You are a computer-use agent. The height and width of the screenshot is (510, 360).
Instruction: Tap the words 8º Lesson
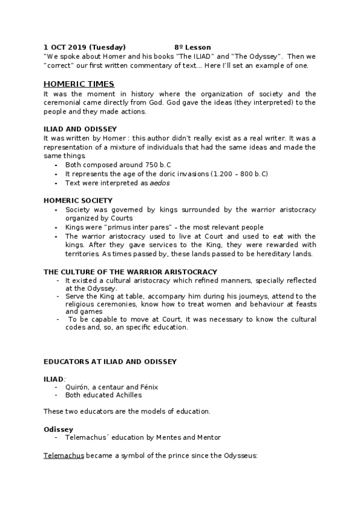[193, 47]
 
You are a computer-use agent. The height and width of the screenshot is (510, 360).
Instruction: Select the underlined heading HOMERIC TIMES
[79, 84]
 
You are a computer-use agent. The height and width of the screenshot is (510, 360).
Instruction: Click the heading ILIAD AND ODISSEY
[80, 129]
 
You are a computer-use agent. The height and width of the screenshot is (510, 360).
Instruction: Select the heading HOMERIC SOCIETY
[78, 200]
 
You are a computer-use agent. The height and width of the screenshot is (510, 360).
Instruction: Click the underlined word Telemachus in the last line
[64, 456]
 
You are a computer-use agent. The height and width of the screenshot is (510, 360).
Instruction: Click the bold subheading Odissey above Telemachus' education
[58, 429]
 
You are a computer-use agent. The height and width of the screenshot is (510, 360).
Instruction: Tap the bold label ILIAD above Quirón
[53, 379]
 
